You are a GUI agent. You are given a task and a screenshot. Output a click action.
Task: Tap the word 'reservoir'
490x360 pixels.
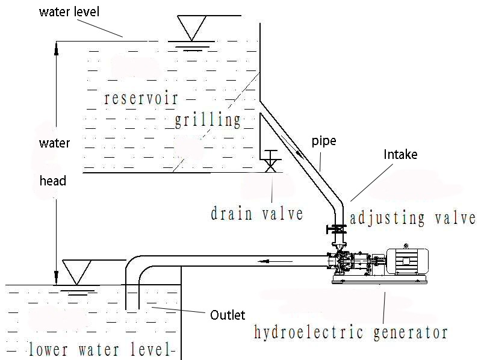coord(141,98)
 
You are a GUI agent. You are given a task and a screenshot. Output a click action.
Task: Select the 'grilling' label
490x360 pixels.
coord(208,120)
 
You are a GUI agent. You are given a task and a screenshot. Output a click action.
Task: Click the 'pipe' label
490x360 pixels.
coord(323,141)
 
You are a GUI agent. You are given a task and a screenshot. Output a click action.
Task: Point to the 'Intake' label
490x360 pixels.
coord(400,155)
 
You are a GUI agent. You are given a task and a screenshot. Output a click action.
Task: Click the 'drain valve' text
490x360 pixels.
coord(257,213)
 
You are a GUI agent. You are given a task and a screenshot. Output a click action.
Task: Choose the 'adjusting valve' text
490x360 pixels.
coord(413,217)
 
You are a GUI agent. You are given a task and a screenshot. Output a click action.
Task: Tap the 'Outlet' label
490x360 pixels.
coord(227,315)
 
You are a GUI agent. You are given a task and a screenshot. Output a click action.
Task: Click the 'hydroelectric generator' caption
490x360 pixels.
coord(351,332)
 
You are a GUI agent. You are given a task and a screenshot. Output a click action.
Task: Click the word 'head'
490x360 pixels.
coord(53,181)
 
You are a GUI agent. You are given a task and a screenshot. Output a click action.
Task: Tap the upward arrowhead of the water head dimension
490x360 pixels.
coord(56,47)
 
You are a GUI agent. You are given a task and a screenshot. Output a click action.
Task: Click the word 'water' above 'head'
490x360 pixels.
coord(54,143)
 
